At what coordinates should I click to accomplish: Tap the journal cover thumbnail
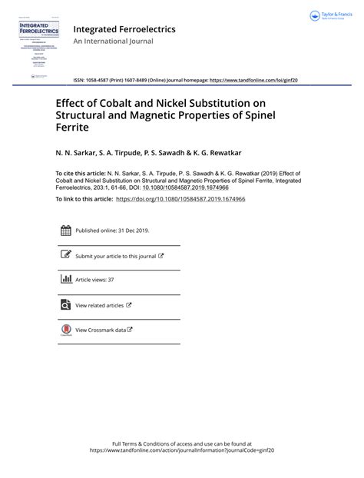click(35, 46)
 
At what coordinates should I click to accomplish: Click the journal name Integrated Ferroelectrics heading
click(124, 29)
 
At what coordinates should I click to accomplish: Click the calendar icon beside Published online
click(66, 230)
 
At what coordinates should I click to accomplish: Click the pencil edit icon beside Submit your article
click(66, 255)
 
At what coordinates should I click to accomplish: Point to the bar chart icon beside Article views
click(66, 280)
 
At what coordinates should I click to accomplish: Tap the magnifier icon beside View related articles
click(66, 304)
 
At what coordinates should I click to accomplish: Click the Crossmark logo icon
click(66, 330)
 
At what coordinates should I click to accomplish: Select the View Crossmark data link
click(103, 330)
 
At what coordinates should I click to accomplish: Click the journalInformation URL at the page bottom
click(182, 451)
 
